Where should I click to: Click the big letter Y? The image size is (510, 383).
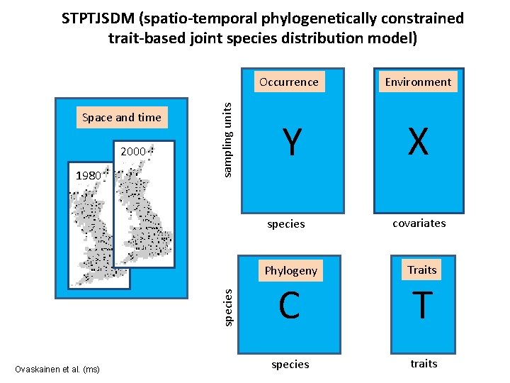click(x=289, y=142)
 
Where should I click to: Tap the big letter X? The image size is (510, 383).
click(x=419, y=142)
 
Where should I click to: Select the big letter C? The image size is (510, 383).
click(x=289, y=306)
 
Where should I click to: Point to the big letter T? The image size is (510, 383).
click(x=422, y=306)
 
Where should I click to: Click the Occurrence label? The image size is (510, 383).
click(x=289, y=82)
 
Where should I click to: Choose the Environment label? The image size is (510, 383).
click(x=418, y=82)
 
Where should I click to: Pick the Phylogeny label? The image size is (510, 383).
click(x=290, y=270)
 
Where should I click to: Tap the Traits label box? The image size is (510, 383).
click(x=422, y=270)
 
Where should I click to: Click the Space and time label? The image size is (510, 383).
click(x=122, y=117)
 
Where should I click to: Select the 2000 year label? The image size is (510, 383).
click(x=133, y=151)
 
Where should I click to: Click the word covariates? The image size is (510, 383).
click(x=419, y=223)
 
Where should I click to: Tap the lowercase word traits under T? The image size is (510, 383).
click(x=424, y=363)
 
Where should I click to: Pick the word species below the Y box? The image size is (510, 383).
click(x=286, y=224)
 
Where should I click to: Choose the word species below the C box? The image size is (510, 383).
click(x=290, y=364)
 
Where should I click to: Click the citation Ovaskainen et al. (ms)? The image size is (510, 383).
click(x=57, y=369)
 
